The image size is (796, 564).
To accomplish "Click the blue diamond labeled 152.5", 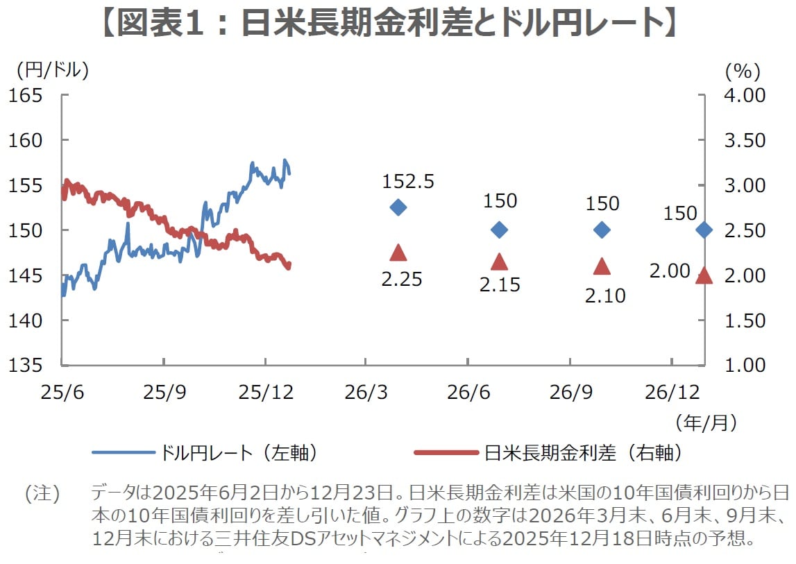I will (398, 207).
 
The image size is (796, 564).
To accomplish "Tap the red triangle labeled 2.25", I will (398, 253).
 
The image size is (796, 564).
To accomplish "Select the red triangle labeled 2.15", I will (500, 262).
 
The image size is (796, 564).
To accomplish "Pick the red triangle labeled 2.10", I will (602, 266).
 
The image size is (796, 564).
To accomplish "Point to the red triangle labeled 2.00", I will (704, 276).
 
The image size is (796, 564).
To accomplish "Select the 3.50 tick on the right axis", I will (745, 140).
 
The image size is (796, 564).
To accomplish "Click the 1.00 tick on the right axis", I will (745, 366).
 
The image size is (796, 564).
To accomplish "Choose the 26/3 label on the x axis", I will (366, 392).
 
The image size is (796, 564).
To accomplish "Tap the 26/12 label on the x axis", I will (672, 392).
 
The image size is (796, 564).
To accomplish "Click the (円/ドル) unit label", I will (49, 70).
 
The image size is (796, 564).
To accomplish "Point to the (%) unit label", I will (743, 70).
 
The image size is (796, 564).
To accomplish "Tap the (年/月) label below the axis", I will (705, 421).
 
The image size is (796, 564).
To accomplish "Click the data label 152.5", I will (408, 182).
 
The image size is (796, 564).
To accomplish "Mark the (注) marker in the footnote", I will (43, 494).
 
